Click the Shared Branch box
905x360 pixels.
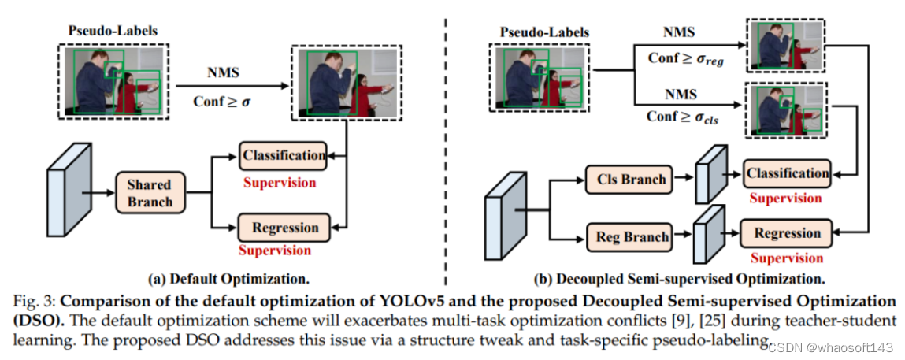click(x=150, y=194)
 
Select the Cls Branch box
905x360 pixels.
click(x=631, y=180)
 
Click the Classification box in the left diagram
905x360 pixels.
click(x=284, y=156)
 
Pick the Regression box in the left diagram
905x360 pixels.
click(x=284, y=228)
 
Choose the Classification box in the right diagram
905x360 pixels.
click(x=787, y=173)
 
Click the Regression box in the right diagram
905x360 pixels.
click(x=787, y=233)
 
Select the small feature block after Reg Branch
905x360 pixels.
click(x=708, y=234)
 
